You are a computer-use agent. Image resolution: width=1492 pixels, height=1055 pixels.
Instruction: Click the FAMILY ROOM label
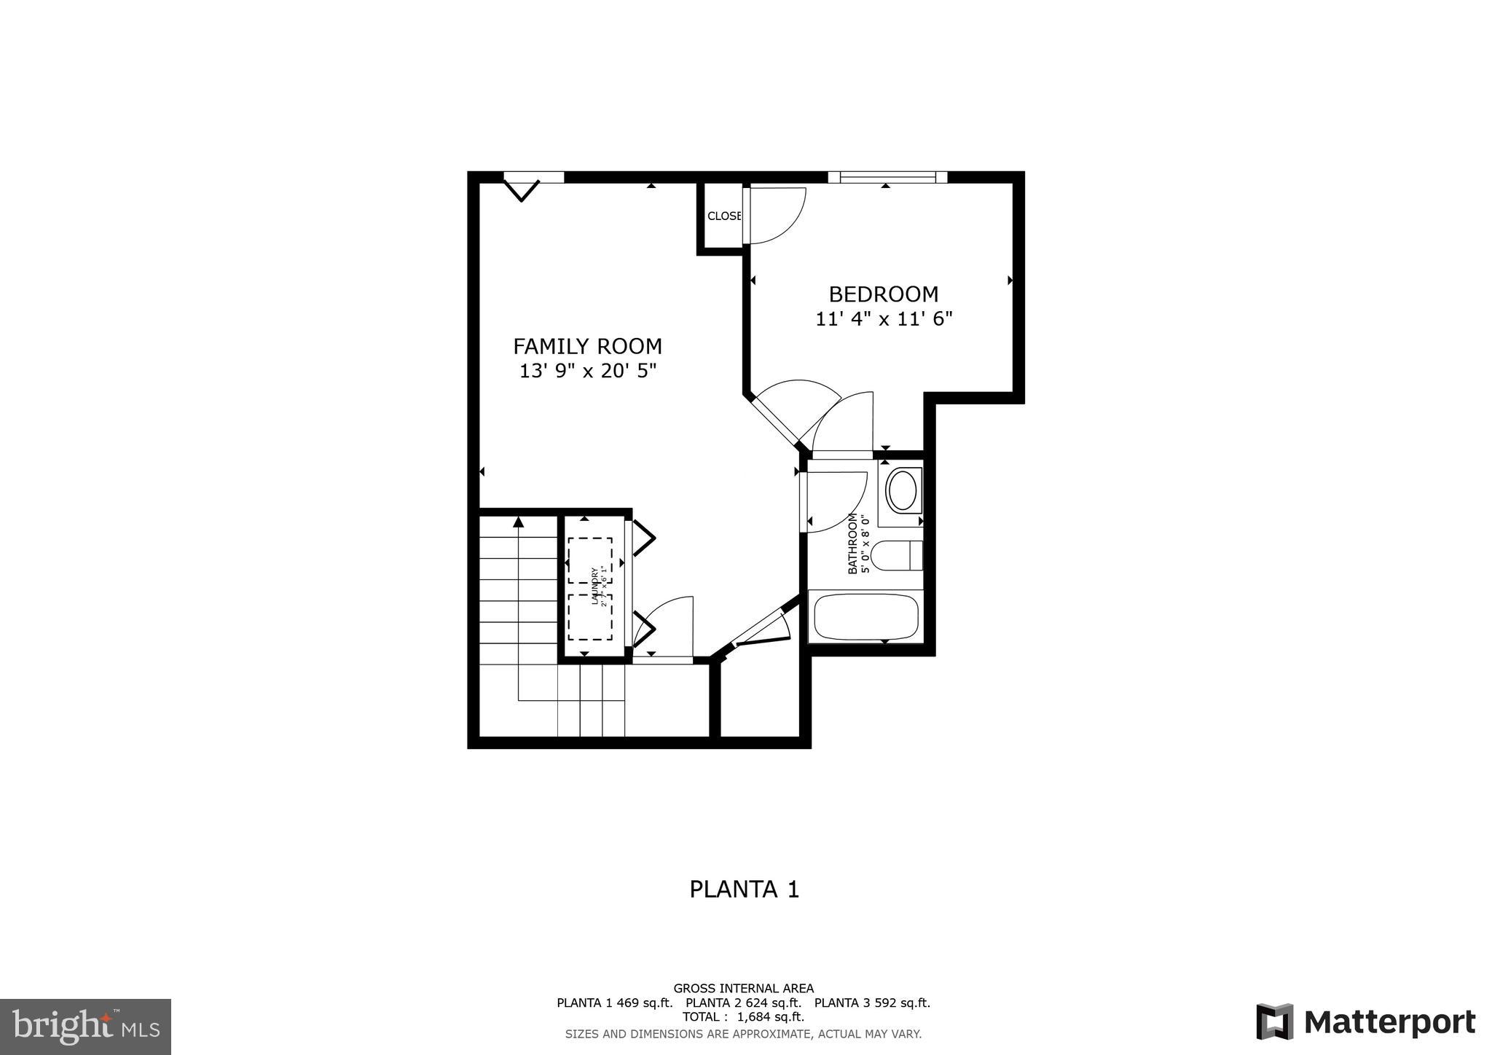pos(587,346)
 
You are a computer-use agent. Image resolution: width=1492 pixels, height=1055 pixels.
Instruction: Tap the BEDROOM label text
pos(883,294)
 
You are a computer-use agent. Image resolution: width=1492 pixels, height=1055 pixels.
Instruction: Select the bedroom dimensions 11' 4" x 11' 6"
pos(883,319)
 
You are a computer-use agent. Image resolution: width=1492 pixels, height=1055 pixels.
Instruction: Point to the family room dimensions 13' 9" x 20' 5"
pos(587,372)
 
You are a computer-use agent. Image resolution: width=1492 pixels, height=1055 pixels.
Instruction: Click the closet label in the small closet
pos(724,216)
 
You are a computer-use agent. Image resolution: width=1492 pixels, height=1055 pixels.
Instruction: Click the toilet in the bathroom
pos(897,556)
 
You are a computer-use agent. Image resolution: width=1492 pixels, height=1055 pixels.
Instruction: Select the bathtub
pos(865,616)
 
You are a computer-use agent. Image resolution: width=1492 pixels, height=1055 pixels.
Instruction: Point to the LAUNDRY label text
pos(594,586)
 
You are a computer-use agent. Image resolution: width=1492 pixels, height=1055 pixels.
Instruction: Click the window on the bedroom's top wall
pos(887,176)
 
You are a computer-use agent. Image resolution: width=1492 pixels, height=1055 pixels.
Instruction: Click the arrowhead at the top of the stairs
pos(518,522)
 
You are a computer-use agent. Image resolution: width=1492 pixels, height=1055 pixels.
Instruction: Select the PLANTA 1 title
pos(744,890)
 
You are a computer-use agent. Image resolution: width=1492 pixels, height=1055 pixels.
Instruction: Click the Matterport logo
pos(1365,1021)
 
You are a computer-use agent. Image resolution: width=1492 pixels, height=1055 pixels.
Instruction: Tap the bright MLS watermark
pos(86,1027)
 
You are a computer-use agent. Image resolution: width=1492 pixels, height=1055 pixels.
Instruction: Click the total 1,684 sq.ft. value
pos(771,1016)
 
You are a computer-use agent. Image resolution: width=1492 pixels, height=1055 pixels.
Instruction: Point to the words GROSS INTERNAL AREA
pos(743,989)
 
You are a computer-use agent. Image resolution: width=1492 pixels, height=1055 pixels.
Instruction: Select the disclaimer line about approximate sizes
pos(743,1034)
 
